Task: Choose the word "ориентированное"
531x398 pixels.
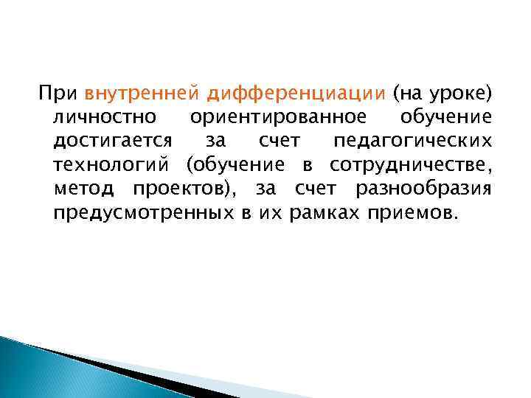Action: click(x=277, y=118)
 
